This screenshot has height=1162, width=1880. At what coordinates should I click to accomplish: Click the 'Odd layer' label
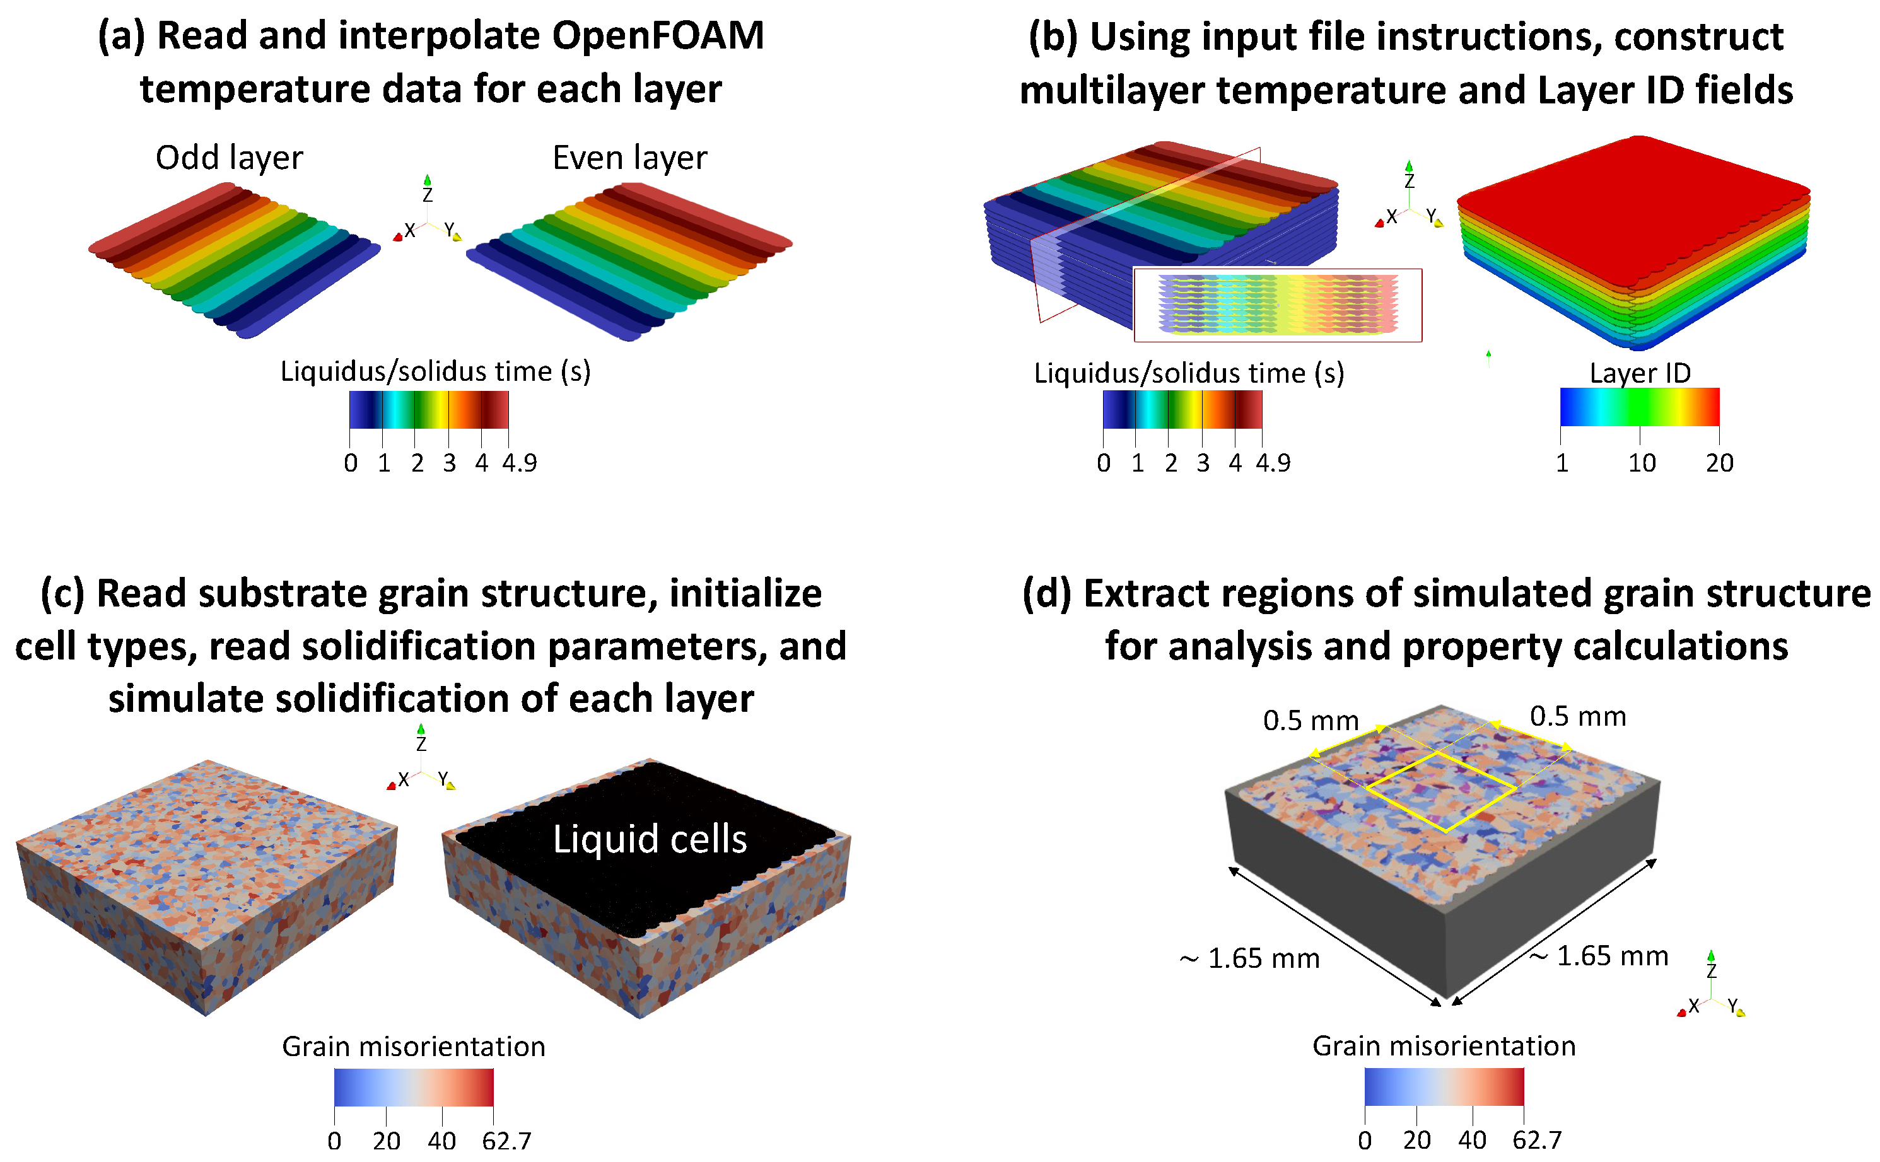click(x=229, y=158)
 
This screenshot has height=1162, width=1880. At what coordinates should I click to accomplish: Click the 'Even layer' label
click(x=629, y=158)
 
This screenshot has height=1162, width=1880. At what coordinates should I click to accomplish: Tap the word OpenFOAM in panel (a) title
click(x=658, y=35)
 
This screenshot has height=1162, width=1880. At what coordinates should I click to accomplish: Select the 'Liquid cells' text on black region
click(x=650, y=839)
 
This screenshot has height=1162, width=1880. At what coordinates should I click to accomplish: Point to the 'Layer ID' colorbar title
click(x=1640, y=373)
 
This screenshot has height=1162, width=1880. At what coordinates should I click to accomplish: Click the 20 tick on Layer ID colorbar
click(x=1719, y=463)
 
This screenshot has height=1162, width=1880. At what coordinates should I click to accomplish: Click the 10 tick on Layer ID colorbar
click(x=1641, y=463)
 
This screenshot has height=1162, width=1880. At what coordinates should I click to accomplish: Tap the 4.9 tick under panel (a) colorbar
click(x=520, y=463)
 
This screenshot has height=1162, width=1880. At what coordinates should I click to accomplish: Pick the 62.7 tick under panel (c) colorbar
click(x=506, y=1141)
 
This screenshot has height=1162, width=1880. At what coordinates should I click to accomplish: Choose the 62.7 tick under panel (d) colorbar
click(x=1536, y=1140)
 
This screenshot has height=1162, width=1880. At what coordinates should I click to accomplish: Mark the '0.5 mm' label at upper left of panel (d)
click(x=1311, y=721)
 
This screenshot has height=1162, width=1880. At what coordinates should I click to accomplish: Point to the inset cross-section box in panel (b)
click(x=1278, y=305)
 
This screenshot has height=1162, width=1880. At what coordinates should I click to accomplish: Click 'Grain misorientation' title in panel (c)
click(x=414, y=1047)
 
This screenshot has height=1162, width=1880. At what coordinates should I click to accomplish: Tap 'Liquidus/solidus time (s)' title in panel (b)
click(x=1188, y=373)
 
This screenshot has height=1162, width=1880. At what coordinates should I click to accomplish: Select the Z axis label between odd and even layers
click(x=428, y=195)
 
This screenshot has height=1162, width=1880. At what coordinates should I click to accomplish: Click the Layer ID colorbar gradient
click(x=1640, y=407)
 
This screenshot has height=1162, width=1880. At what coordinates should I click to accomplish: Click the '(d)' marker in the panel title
click(x=1046, y=593)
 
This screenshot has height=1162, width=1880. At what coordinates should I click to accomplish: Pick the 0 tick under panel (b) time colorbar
click(x=1104, y=463)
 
